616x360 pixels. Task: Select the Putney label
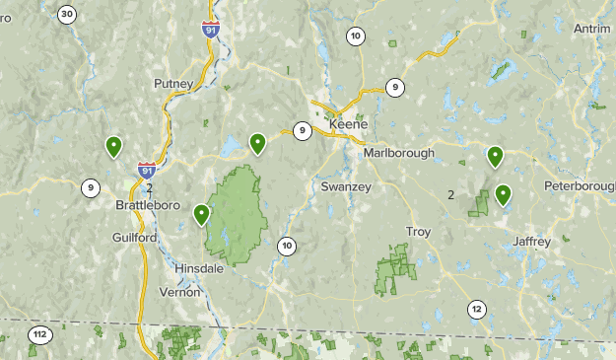coord(172,85)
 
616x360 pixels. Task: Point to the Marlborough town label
coord(399,153)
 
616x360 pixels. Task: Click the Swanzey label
coord(343,186)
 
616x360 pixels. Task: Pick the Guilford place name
coord(134,238)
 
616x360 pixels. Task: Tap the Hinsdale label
coord(198,268)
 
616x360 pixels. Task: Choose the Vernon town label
coord(180,292)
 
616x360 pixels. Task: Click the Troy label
coord(418,231)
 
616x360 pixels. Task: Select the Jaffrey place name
coord(531,241)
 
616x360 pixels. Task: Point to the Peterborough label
coord(582,186)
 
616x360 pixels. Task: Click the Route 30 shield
coord(67,14)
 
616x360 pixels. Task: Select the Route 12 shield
coord(477,309)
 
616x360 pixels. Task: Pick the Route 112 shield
coord(38,334)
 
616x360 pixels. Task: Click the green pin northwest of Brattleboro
coord(114,148)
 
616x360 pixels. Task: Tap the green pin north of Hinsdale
coord(202,214)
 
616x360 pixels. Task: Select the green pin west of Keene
coord(258,144)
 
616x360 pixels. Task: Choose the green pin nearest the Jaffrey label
coord(504,194)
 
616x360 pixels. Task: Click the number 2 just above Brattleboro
coord(150,187)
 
